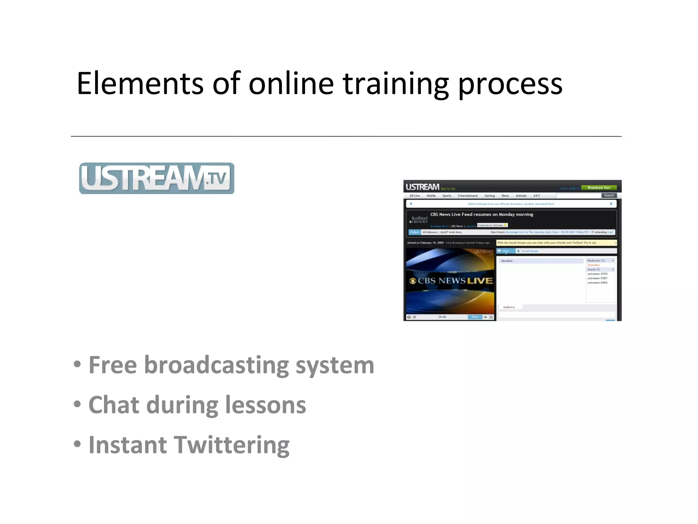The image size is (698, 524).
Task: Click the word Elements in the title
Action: point(140,84)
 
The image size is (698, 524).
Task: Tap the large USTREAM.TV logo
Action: point(156,178)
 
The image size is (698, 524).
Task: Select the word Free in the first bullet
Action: point(113,365)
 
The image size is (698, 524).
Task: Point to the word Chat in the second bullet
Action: point(114,405)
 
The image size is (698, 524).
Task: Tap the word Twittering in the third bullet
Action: point(232,445)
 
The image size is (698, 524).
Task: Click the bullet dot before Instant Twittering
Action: point(77,444)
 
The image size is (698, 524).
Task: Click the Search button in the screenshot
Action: point(609,195)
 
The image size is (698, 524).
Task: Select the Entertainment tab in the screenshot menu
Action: point(468,196)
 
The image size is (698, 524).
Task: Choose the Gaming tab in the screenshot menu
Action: point(489,196)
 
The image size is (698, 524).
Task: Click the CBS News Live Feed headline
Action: point(481,215)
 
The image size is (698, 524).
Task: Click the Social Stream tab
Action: point(529,251)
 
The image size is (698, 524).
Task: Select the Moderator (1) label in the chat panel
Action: point(596,261)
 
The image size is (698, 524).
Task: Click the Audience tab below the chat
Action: point(509,307)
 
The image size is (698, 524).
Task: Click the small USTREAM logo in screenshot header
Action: point(422,187)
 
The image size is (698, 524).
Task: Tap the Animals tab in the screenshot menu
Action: point(521,196)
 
